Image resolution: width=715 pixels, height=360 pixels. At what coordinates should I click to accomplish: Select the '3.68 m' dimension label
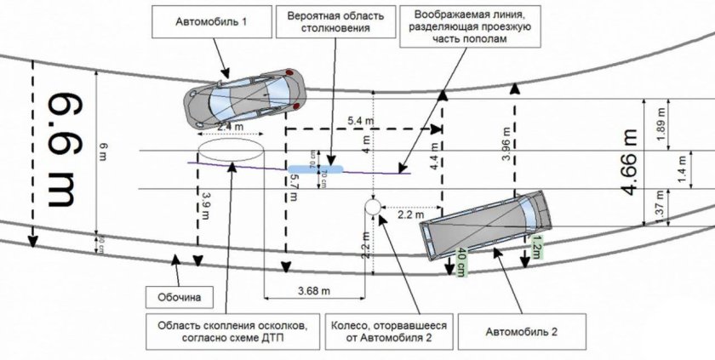316,291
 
